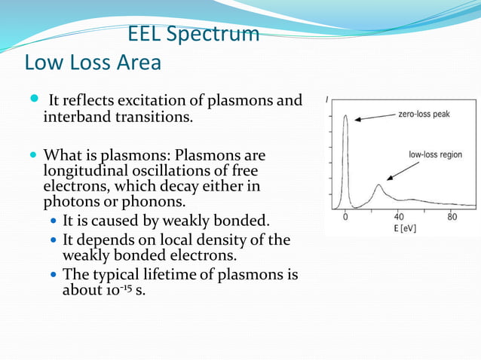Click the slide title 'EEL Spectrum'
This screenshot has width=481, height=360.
pos(193,35)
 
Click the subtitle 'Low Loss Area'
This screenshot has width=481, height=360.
pos(93,63)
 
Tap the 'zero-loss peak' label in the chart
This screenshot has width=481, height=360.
pos(425,115)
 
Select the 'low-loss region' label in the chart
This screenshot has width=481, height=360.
pos(435,154)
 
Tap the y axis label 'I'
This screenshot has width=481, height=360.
pos(326,99)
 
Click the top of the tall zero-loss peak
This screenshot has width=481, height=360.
pos(345,116)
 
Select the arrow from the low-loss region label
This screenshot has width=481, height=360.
pos(397,170)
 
